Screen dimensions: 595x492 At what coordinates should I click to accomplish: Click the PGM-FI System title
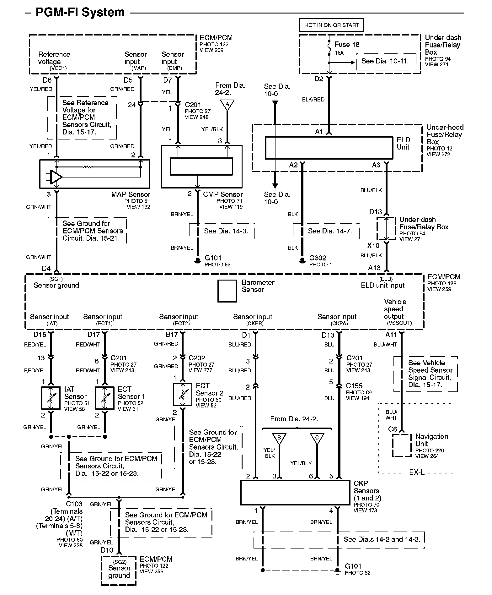pyautogui.click(x=80, y=12)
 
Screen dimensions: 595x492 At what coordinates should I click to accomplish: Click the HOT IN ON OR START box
pyautogui.click(x=332, y=25)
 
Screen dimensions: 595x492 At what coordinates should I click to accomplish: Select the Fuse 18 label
pyautogui.click(x=347, y=45)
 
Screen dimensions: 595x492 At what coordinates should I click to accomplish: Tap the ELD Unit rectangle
pyautogui.click(x=329, y=148)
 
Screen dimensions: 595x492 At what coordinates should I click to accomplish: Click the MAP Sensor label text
pyautogui.click(x=131, y=194)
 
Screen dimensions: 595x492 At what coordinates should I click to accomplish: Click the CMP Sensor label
pyautogui.click(x=223, y=194)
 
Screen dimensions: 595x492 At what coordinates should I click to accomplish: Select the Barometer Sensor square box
pyautogui.click(x=227, y=291)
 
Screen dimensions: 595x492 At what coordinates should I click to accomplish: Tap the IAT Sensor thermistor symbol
pyautogui.click(x=51, y=398)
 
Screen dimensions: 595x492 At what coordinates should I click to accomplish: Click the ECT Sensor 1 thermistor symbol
pyautogui.click(x=105, y=398)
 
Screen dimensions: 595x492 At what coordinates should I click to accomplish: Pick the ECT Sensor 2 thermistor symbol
pyautogui.click(x=183, y=395)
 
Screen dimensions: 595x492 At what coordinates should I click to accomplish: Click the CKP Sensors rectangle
pyautogui.click(x=295, y=492)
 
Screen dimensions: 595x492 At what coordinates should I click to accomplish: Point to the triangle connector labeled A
pyautogui.click(x=227, y=105)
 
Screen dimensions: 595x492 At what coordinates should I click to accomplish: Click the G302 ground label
pyautogui.click(x=318, y=258)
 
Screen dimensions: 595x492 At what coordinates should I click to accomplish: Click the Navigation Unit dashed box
pyautogui.click(x=402, y=445)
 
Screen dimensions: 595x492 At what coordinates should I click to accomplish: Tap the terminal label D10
pyautogui.click(x=107, y=550)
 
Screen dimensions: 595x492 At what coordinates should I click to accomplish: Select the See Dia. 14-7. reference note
pyautogui.click(x=329, y=231)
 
